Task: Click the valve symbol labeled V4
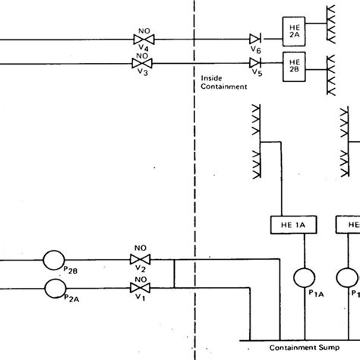pos(141,38)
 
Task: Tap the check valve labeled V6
pos(255,38)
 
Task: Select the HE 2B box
pos(292,61)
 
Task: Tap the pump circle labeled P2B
pos(53,261)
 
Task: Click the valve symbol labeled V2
pos(141,261)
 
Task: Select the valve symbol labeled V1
pos(141,289)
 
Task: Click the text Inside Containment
pos(224,82)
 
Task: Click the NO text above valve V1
pos(141,279)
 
